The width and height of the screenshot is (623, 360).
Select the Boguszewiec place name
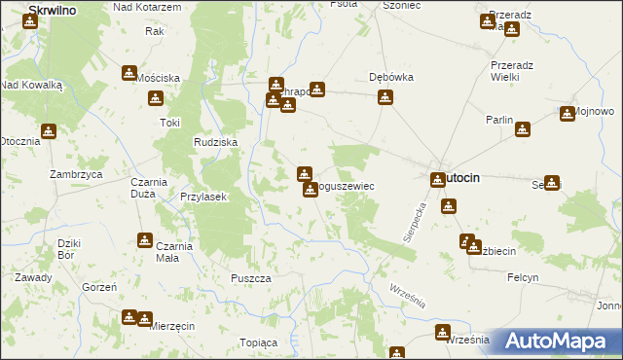344,185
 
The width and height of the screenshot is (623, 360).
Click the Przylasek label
203,196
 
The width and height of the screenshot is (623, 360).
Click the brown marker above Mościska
129,73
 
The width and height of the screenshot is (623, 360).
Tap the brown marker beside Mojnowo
568,114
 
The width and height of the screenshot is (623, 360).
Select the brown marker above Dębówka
385,96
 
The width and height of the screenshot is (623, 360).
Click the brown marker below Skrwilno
30,20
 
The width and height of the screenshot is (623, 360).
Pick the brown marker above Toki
155,97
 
